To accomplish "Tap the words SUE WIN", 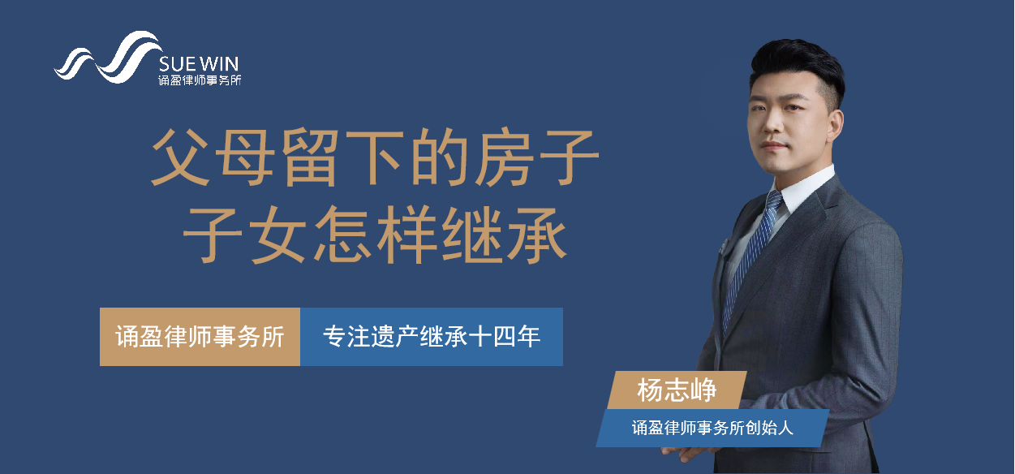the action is [x=199, y=64].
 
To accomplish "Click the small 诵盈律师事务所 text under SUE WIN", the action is [x=200, y=80].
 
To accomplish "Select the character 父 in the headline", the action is [x=180, y=157].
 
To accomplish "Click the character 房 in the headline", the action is [x=505, y=157].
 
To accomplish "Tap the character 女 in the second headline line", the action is [x=278, y=235].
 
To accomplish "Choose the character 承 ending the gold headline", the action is [x=538, y=235].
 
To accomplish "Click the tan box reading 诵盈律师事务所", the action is [x=200, y=337].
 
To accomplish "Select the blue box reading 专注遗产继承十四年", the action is [x=432, y=337].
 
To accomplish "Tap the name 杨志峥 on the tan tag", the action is [x=677, y=390].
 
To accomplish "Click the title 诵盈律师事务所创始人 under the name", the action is [x=712, y=428].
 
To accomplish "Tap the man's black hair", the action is [x=798, y=63].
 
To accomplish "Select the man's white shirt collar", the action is [x=803, y=187].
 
